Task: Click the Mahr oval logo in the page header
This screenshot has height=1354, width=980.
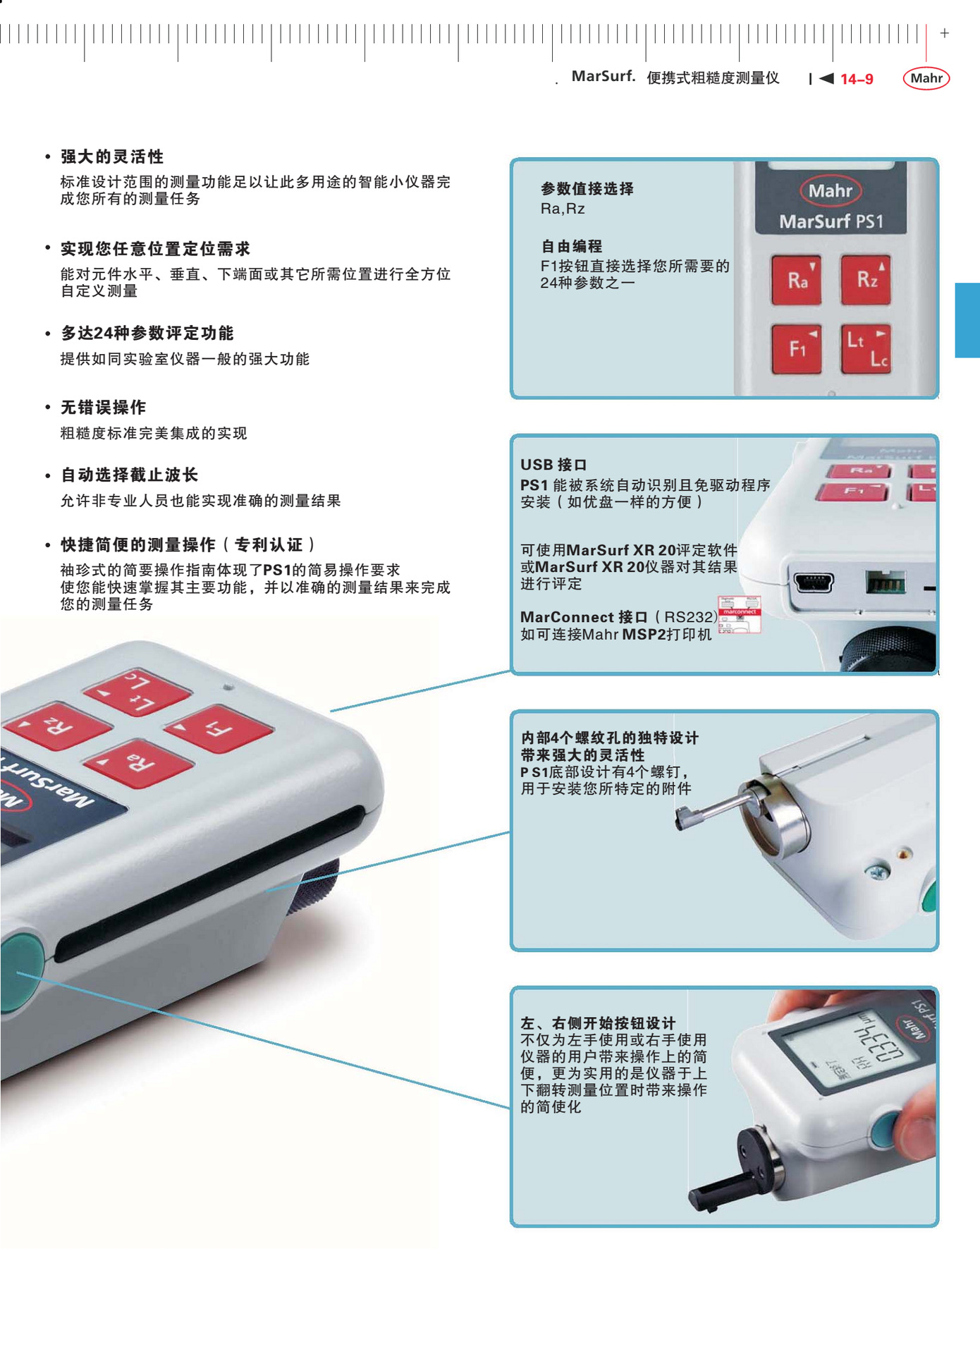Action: click(926, 78)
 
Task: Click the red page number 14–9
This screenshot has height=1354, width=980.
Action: click(857, 79)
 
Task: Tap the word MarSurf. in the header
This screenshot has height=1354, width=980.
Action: click(604, 76)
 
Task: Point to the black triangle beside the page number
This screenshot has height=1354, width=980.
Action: click(827, 78)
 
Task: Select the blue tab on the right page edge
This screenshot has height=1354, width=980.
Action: click(967, 320)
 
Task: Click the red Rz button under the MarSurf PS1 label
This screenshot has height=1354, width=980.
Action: click(866, 280)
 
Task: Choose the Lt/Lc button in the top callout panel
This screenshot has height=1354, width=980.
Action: click(866, 348)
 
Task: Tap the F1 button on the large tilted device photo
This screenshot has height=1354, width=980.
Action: click(219, 729)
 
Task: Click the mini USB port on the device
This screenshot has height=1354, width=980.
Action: click(814, 583)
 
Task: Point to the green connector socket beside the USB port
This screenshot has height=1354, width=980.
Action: click(886, 583)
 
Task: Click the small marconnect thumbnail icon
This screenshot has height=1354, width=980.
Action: click(739, 614)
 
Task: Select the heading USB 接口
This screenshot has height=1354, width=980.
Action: click(553, 465)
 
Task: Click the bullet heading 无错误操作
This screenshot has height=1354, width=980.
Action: click(103, 408)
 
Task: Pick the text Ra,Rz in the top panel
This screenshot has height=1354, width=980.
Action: click(563, 209)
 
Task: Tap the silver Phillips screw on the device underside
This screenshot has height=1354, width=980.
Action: click(876, 873)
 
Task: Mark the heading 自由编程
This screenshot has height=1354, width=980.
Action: click(572, 247)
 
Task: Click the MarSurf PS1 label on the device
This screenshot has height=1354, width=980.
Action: click(831, 221)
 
